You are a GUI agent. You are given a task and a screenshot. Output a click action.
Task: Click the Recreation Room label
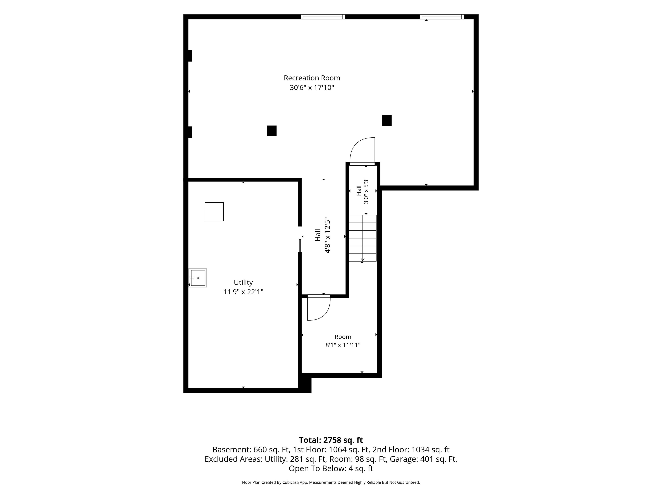pos(312,78)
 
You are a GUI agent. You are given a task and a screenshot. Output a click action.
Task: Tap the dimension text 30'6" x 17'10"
pos(312,88)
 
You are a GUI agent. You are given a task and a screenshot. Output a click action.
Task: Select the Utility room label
pos(243,283)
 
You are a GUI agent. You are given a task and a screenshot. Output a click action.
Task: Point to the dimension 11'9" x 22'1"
pos(243,292)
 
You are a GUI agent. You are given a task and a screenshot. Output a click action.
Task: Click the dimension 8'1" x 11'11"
pos(343,345)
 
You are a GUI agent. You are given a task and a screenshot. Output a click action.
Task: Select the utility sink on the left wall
pos(198,278)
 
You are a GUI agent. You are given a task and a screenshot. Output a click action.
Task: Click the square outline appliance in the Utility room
pos(214,212)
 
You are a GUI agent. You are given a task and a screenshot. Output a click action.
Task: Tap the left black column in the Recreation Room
pos(272,131)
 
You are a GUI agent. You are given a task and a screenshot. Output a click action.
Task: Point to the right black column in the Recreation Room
pos(387,121)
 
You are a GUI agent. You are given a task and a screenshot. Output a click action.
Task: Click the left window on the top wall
pos(323,17)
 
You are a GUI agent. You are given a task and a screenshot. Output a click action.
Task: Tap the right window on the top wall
pos(442,17)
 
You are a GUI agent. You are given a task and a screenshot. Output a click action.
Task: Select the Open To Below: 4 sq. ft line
pos(331,468)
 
